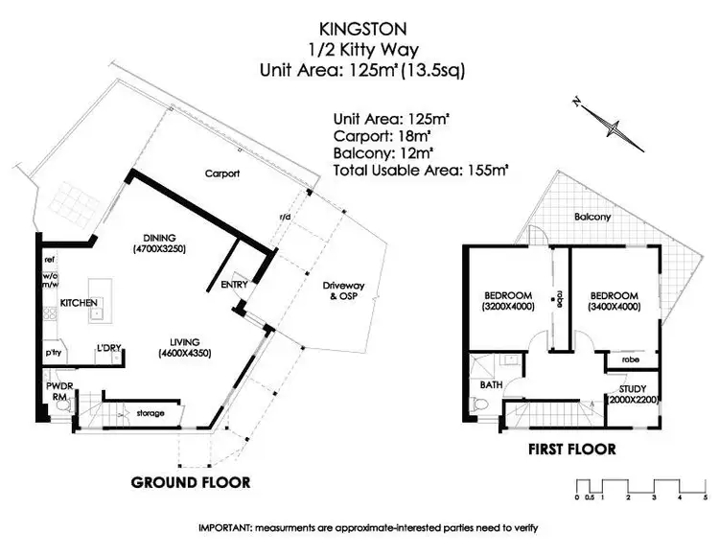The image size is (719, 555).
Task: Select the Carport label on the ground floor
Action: point(221,173)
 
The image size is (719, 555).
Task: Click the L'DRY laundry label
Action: point(108,348)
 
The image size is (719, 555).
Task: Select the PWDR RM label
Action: point(53,391)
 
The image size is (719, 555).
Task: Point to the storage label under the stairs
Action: point(150,413)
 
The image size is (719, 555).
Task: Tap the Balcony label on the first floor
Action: point(592,217)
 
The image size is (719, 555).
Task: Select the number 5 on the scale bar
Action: point(706,497)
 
